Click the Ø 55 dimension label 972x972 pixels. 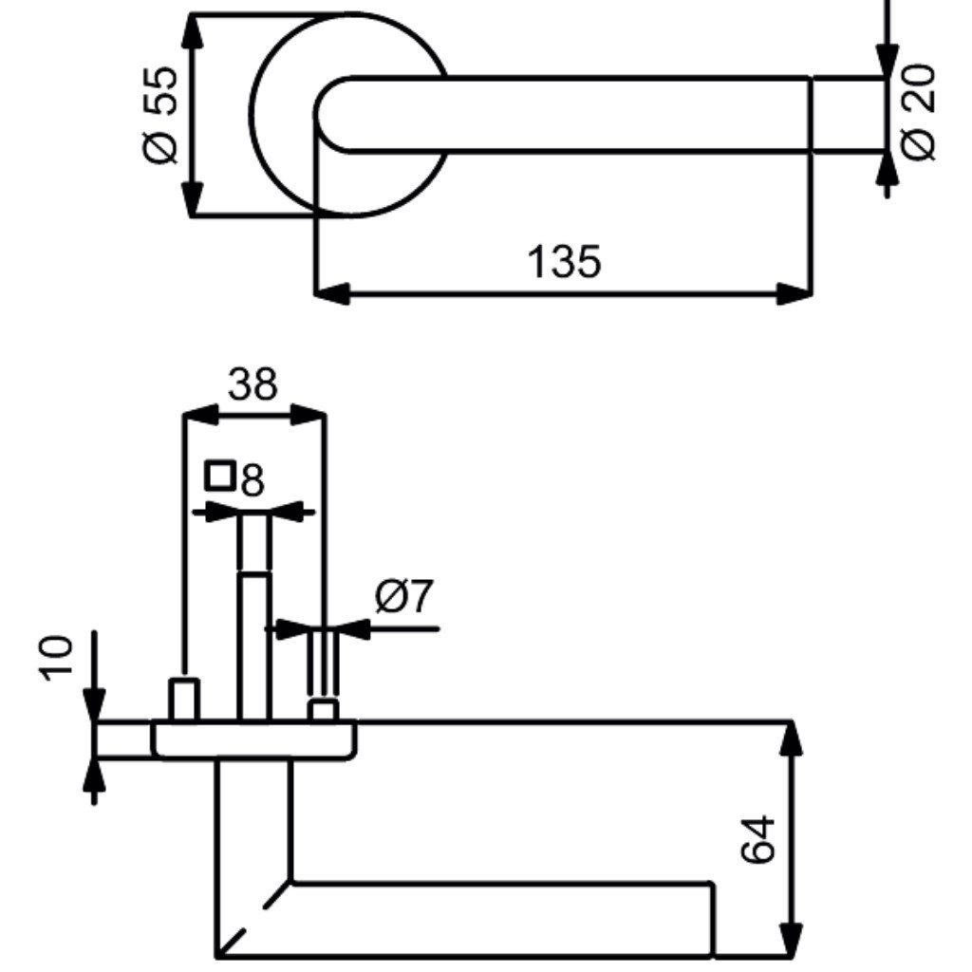pos(160,114)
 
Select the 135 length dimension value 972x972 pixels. pos(564,262)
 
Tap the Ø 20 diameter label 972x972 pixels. pos(917,112)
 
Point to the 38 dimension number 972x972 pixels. pos(252,383)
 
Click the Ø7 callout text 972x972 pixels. pos(404,596)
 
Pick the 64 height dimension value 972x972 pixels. pos(758,839)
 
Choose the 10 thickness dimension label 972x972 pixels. pos(56,658)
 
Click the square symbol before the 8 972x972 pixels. pos(220,475)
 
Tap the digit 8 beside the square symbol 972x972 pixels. pos(252,479)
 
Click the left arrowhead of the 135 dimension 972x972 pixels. pos(332,293)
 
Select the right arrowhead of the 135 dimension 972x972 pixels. pos(794,293)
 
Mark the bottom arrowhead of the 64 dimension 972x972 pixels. pos(791,940)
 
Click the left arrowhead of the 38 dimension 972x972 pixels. pos(201,415)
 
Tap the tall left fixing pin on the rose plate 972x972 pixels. pos(184,701)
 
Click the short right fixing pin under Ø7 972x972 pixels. pos(324,711)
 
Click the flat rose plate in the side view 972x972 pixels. pos(254,740)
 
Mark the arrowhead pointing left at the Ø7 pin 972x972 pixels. pos(352,629)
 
